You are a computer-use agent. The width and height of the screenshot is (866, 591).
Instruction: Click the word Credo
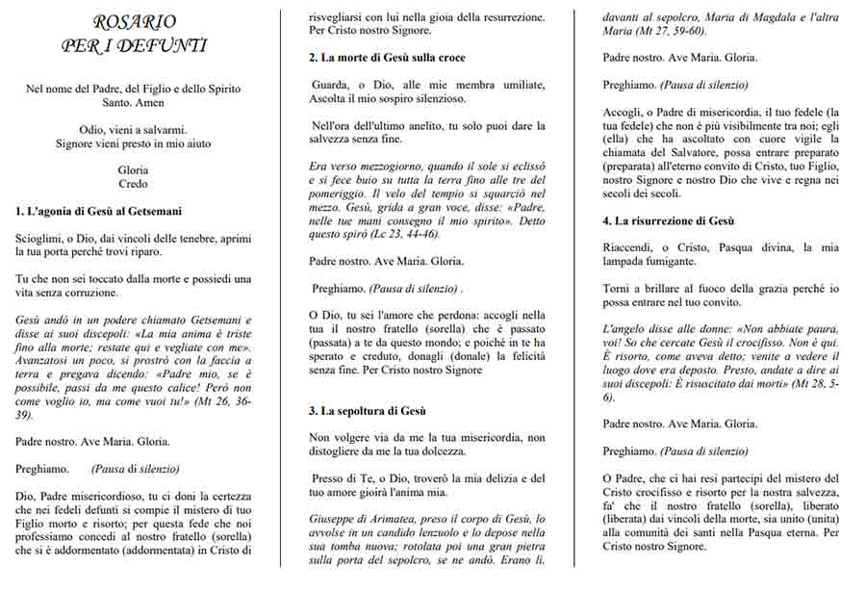pyautogui.click(x=134, y=184)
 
